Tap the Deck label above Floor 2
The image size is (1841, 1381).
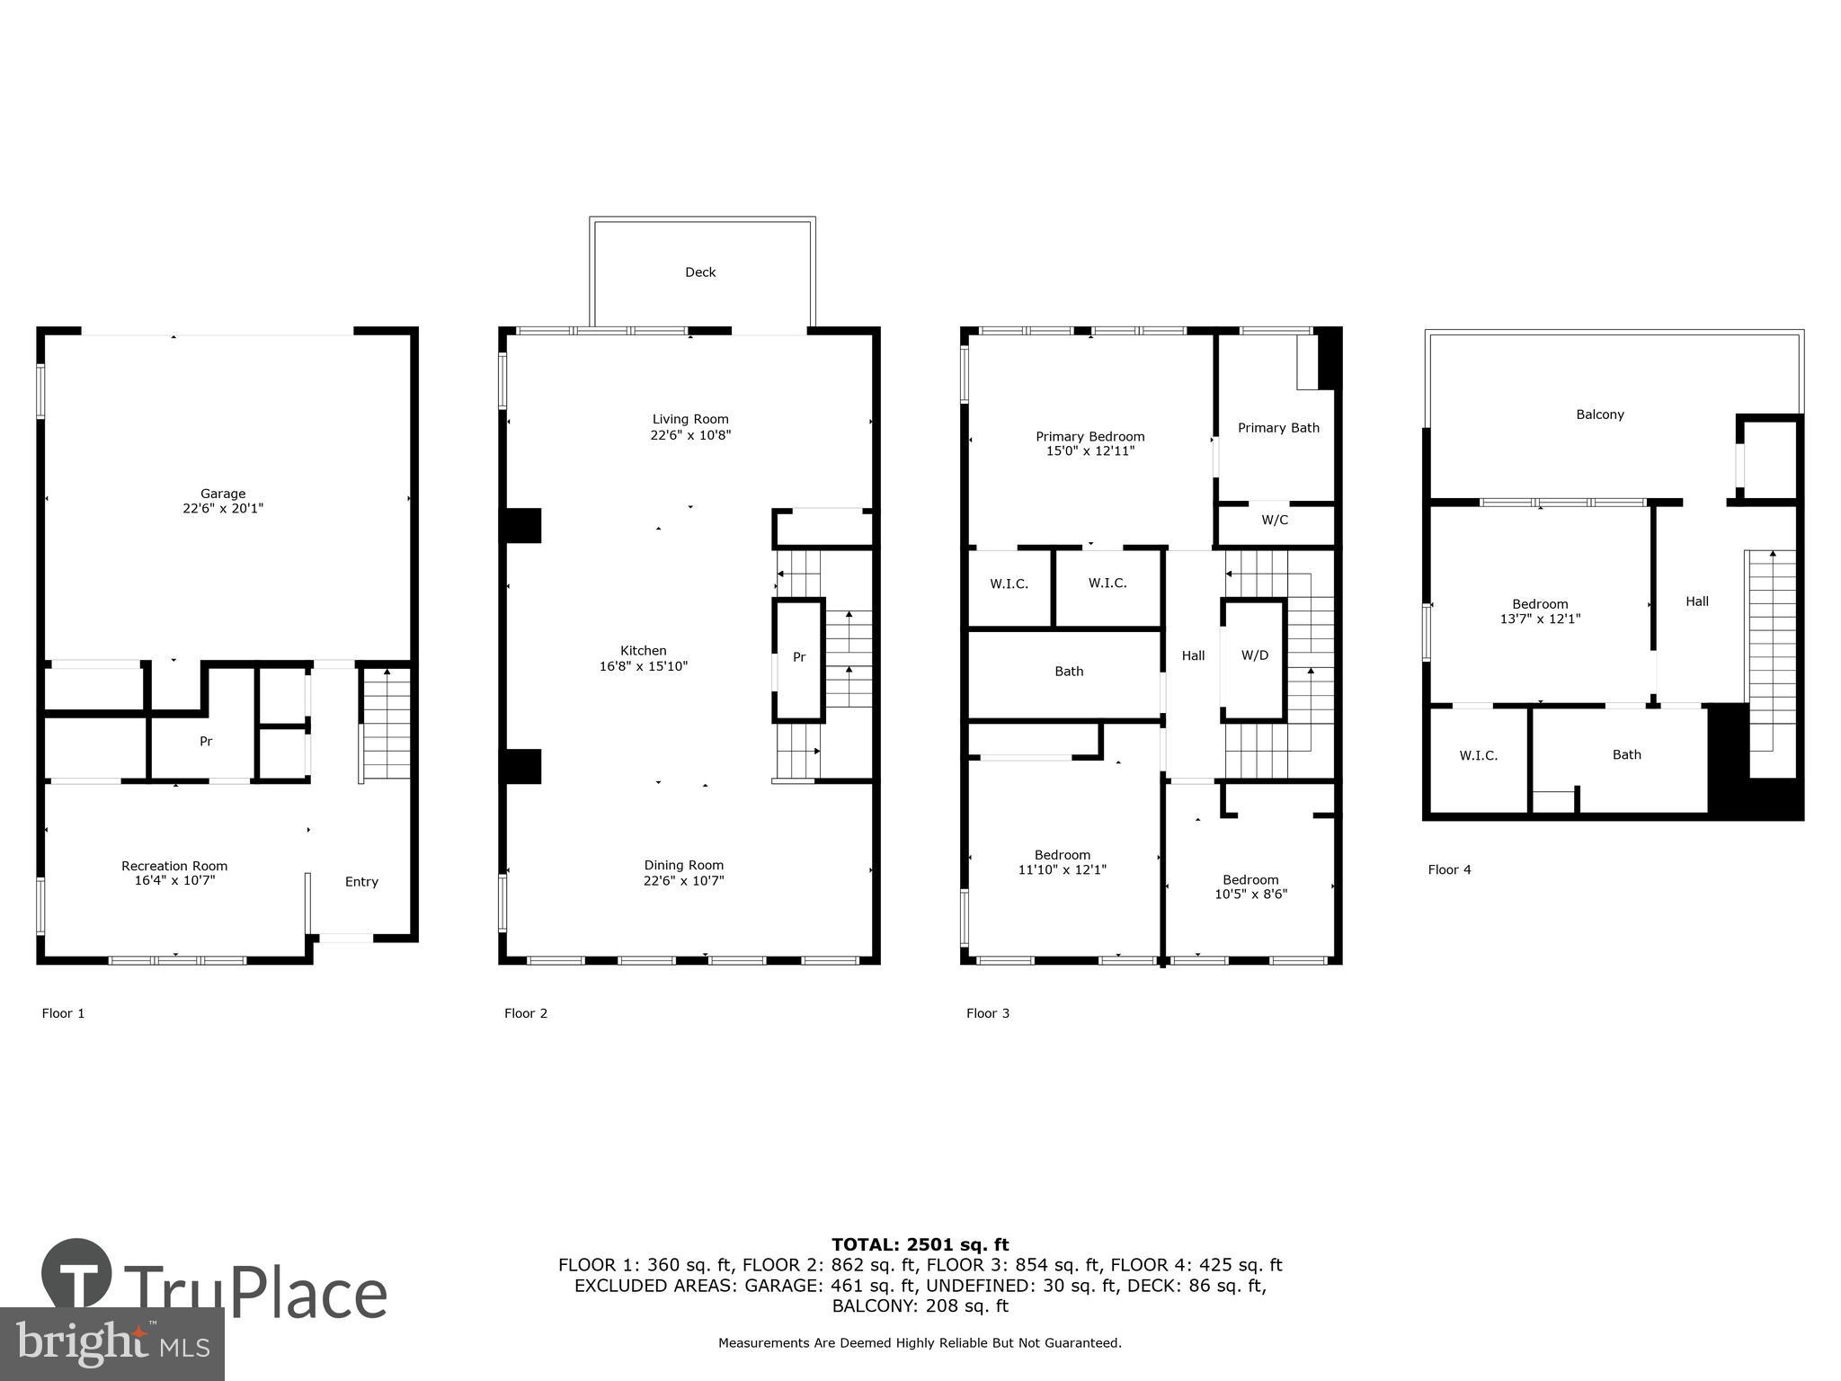(x=700, y=272)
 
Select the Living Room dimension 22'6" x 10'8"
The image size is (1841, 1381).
(x=690, y=435)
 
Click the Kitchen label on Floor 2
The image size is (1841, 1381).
(x=644, y=651)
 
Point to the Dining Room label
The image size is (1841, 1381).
(x=683, y=866)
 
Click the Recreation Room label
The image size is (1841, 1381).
(x=174, y=867)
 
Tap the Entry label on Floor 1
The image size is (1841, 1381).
(x=361, y=882)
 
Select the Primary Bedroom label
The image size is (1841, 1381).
(x=1089, y=437)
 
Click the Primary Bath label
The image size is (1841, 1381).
(x=1278, y=428)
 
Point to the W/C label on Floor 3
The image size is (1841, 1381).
(x=1275, y=521)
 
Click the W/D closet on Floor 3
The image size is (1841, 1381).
(x=1254, y=656)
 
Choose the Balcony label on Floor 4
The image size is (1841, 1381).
(x=1599, y=414)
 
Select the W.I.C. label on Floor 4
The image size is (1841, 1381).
(x=1478, y=756)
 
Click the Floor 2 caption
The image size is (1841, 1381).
(x=526, y=1013)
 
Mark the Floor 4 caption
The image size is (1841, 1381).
(x=1449, y=869)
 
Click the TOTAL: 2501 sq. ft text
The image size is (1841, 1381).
(x=920, y=1245)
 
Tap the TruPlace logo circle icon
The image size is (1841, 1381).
(x=77, y=1273)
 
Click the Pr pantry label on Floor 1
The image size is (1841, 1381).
(x=206, y=742)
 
